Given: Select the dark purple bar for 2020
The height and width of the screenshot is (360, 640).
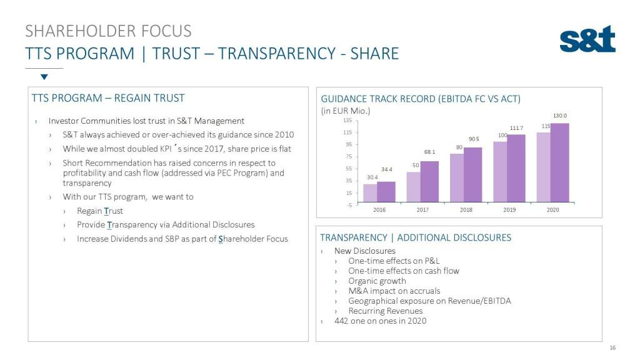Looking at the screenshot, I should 559,162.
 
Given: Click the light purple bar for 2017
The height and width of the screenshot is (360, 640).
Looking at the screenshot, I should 414,187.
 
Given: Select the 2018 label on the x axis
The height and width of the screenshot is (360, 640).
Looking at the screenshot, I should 466,210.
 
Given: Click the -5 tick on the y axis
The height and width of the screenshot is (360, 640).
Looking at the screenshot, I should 349,204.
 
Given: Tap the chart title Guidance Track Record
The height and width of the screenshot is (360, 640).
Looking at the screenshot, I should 420,99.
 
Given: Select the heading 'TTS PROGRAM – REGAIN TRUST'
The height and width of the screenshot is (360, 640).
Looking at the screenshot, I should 108,98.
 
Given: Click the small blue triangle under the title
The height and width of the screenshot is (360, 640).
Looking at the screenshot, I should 44,77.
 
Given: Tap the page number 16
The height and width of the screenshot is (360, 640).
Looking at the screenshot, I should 612,347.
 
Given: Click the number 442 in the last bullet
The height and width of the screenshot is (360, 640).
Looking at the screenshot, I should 342,321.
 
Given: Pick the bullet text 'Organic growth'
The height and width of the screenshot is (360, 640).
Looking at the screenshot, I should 377,281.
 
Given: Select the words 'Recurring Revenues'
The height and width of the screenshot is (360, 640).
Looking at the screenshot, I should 385,311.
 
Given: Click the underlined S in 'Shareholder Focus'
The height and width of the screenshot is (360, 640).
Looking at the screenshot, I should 221,239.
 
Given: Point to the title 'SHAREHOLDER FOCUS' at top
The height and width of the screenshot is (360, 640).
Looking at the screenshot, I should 108,31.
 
